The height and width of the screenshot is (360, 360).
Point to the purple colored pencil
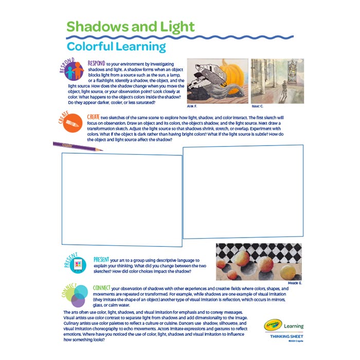tap(77, 147)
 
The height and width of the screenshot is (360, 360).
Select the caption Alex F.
tap(192, 105)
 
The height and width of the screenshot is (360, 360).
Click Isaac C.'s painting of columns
tap(271, 80)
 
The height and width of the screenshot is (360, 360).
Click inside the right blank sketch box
tap(242, 191)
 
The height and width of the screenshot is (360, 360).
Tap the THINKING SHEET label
tap(286, 336)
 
